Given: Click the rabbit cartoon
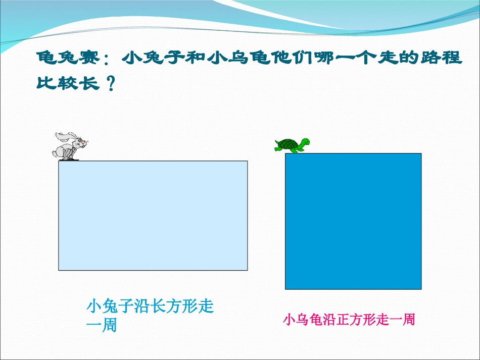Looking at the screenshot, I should point(70,146).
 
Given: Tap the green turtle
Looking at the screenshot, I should point(292,145).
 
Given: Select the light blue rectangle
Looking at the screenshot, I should point(153,216).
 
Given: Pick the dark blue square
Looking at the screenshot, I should point(353,221).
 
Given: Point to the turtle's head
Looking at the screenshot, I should point(305,142).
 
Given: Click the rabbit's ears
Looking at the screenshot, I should point(63,135).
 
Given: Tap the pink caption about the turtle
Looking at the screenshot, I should point(349,320).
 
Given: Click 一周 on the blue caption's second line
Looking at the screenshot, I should point(102,326).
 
